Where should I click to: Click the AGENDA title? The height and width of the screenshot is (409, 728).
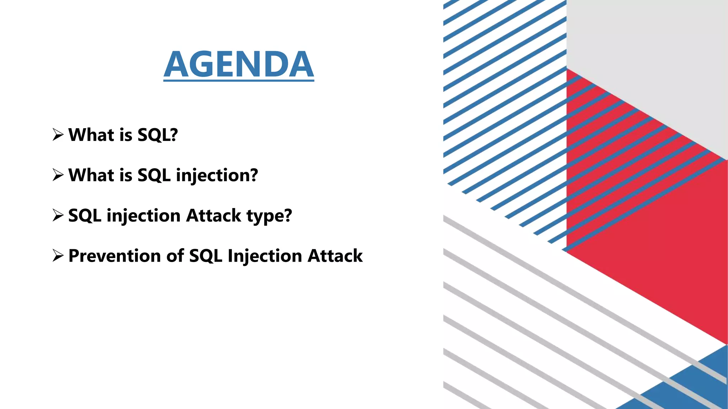[x=239, y=64]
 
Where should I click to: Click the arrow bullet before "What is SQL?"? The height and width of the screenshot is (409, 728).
[x=58, y=135]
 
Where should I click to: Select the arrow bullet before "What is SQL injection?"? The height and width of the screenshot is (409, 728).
[x=58, y=175]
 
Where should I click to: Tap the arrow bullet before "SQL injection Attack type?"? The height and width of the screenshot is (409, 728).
[x=58, y=215]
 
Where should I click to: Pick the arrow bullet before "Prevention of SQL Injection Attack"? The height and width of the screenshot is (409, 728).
[x=58, y=256]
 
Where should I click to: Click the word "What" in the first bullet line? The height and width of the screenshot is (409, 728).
[x=91, y=135]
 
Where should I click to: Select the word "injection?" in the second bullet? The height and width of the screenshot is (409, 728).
[x=217, y=175]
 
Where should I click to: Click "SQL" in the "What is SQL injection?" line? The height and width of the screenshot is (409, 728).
[x=154, y=175]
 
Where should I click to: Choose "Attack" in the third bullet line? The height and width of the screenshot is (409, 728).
[x=214, y=216]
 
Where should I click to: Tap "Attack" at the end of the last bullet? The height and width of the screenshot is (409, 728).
[x=335, y=256]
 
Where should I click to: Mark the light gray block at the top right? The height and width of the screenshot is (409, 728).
[x=647, y=64]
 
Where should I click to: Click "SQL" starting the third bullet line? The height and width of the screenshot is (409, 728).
[x=85, y=216]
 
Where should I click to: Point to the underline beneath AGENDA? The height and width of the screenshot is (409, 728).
[x=239, y=81]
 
